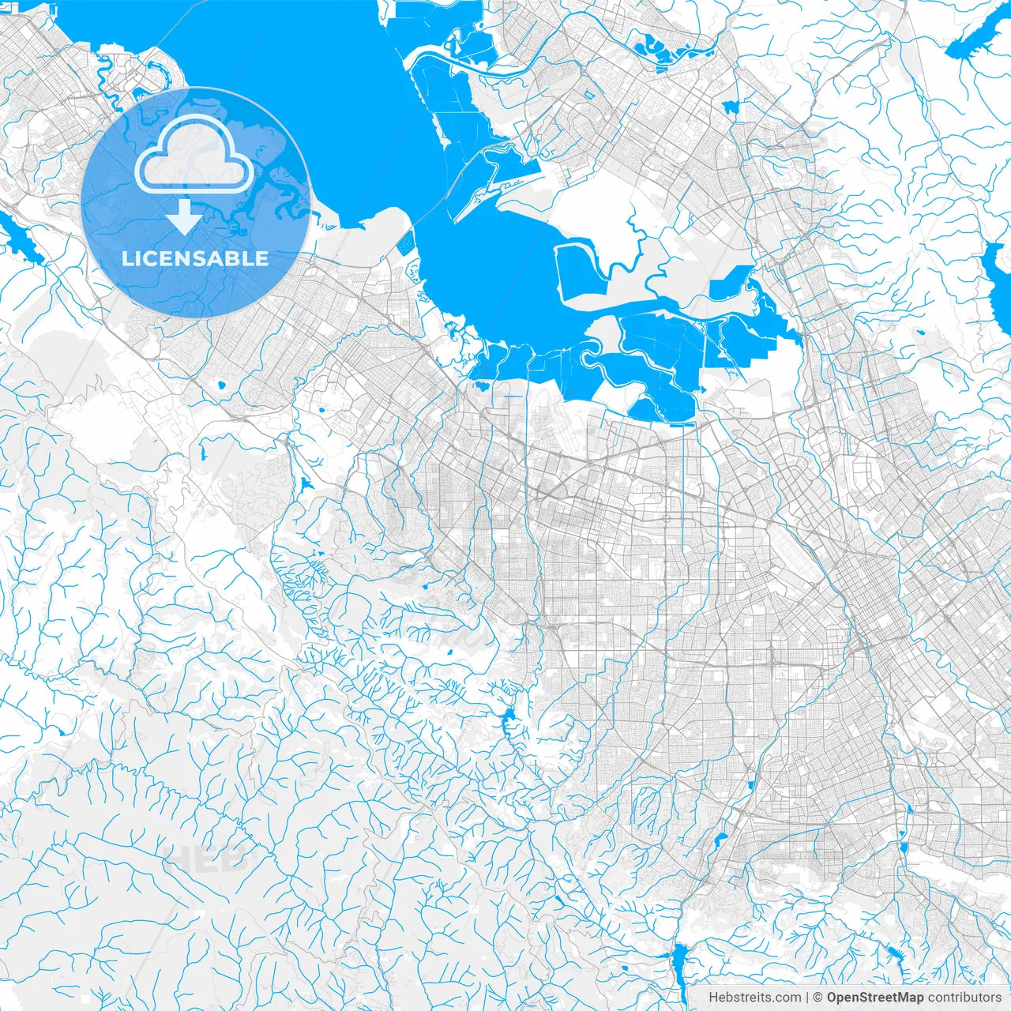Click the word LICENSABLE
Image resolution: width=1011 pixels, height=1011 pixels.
(195, 258)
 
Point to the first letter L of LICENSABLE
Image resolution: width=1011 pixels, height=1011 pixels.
(126, 258)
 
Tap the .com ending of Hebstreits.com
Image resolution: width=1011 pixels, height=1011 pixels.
(787, 998)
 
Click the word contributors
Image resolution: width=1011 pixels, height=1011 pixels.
(964, 998)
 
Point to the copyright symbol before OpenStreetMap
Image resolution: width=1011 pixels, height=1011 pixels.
(819, 998)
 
